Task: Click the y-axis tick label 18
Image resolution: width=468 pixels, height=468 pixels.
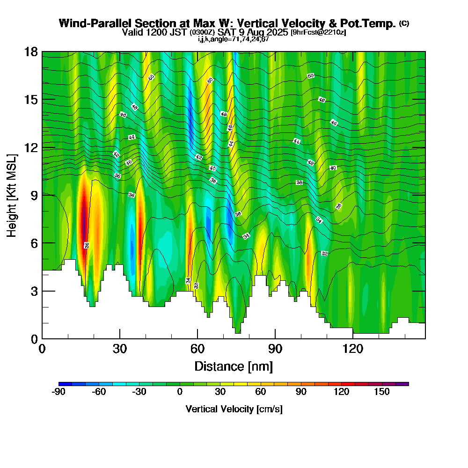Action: [x=31, y=52]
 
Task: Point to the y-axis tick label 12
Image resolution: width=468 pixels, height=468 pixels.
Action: [x=31, y=147]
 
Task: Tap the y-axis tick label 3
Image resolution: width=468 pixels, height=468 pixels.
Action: [x=34, y=291]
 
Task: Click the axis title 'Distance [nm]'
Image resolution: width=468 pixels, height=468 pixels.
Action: [x=234, y=366]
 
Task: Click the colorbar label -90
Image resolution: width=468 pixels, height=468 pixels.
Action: [x=58, y=392]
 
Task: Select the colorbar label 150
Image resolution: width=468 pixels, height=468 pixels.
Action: [x=382, y=392]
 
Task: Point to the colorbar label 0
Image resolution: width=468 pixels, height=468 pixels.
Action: [x=180, y=392]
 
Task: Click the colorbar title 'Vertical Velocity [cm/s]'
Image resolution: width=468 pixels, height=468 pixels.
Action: [x=234, y=409]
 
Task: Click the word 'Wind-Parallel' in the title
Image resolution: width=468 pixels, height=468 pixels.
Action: [x=89, y=23]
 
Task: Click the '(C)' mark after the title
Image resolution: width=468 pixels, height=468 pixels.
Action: [x=403, y=23]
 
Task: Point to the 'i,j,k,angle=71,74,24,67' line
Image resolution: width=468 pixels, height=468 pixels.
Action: [x=233, y=39]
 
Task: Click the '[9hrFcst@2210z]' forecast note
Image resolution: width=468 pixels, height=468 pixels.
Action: [x=318, y=33]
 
